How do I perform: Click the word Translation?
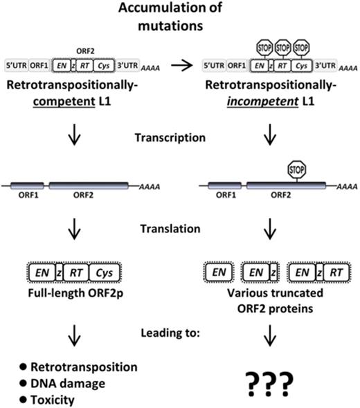click(x=181, y=228)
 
